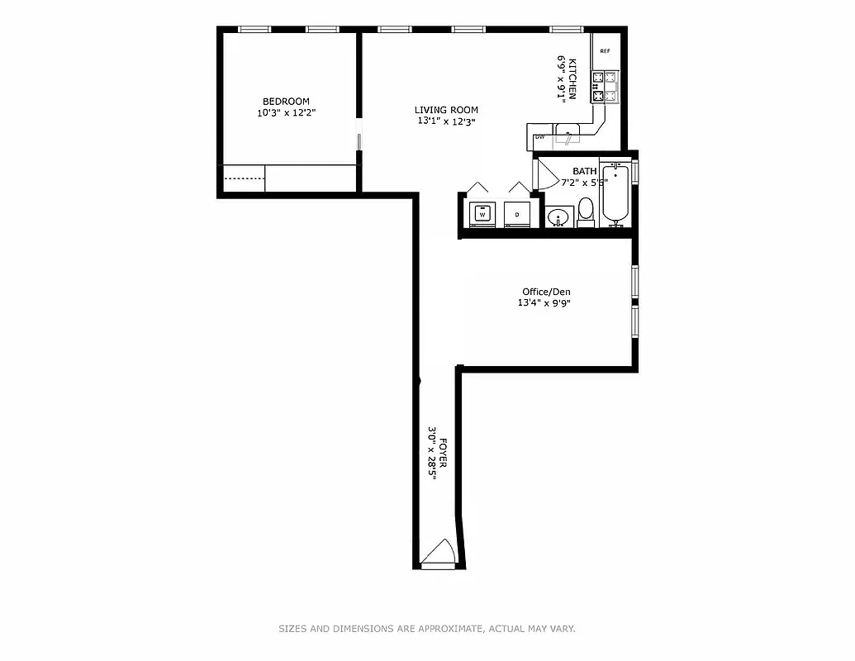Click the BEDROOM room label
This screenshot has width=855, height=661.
(286, 102)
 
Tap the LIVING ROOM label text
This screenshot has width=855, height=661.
(446, 110)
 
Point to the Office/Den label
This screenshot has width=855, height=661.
(546, 292)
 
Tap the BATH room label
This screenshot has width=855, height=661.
(584, 171)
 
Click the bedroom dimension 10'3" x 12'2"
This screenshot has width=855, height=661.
(286, 113)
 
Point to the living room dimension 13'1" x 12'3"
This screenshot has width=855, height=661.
(446, 121)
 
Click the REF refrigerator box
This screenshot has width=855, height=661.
(605, 51)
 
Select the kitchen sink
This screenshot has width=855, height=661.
(568, 133)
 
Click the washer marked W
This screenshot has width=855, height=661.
(482, 214)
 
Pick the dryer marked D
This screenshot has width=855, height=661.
(517, 214)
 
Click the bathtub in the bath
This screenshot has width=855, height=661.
(615, 193)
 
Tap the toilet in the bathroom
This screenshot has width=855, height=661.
(586, 212)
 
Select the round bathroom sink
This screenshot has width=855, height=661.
(559, 218)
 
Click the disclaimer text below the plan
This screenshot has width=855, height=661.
(426, 629)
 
